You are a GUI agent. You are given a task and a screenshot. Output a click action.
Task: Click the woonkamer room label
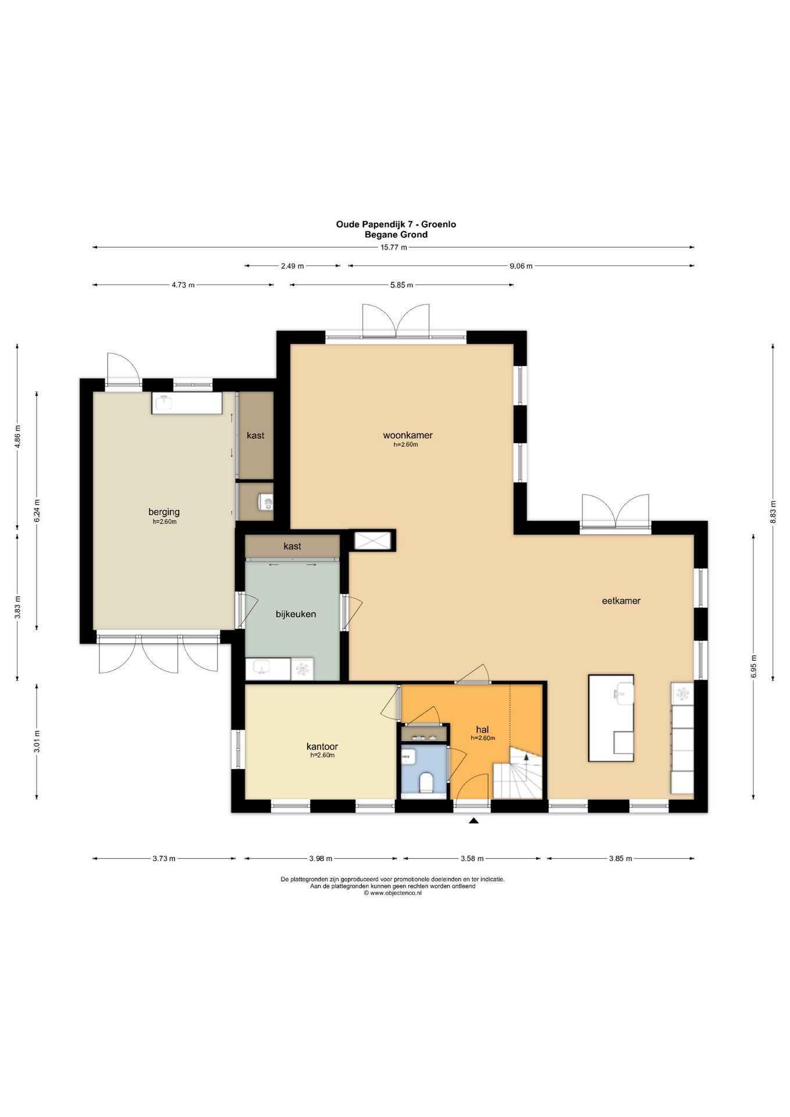pyautogui.click(x=407, y=435)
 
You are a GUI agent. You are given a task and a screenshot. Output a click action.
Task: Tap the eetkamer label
pyautogui.click(x=621, y=600)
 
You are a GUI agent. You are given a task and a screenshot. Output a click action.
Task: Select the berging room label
pyautogui.click(x=164, y=512)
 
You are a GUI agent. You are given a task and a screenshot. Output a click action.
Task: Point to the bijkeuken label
pyautogui.click(x=296, y=614)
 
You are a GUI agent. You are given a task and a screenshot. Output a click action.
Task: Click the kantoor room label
pyautogui.click(x=322, y=746)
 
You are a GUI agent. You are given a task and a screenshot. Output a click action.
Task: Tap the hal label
pyautogui.click(x=482, y=730)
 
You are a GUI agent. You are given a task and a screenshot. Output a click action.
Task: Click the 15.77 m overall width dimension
pyautogui.click(x=393, y=247)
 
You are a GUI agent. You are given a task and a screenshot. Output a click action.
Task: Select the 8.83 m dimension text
pyautogui.click(x=773, y=512)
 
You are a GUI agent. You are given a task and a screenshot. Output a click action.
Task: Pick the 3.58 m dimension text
pyautogui.click(x=472, y=858)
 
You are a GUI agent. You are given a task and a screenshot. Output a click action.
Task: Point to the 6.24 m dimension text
pyautogui.click(x=37, y=511)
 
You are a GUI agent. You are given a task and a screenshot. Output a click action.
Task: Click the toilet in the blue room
pyautogui.click(x=425, y=782)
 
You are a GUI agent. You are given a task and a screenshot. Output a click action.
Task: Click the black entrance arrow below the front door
pyautogui.click(x=474, y=820)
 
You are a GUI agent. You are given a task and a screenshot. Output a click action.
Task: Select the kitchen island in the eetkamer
pyautogui.click(x=611, y=718)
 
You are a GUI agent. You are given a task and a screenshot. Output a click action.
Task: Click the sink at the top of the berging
pyautogui.click(x=187, y=403)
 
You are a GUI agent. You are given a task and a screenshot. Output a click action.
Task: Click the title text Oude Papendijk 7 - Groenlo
pyautogui.click(x=396, y=224)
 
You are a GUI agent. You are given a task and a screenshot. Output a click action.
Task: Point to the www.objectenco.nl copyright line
pyautogui.click(x=393, y=894)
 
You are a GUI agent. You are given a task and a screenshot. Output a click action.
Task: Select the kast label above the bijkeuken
pyautogui.click(x=292, y=546)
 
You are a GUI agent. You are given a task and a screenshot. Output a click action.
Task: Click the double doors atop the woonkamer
pyautogui.click(x=396, y=321)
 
